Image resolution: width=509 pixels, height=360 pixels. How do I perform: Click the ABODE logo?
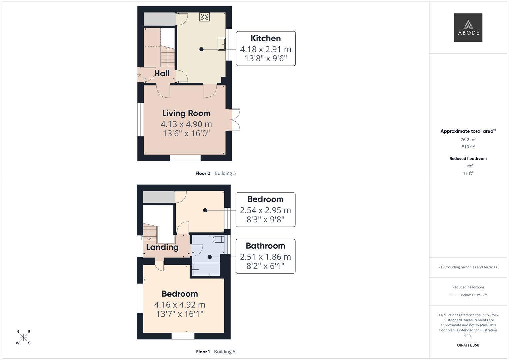pyautogui.click(x=468, y=27)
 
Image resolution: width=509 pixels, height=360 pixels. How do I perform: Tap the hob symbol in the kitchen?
pyautogui.click(x=204, y=17)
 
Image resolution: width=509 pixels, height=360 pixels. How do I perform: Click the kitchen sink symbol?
pyautogui.click(x=221, y=44)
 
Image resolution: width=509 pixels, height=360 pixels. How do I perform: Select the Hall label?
pyautogui.click(x=162, y=73)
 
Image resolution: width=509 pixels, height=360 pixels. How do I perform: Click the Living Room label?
pyautogui.click(x=186, y=113)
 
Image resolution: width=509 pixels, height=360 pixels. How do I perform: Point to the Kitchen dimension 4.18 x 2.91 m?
pyautogui.click(x=266, y=49)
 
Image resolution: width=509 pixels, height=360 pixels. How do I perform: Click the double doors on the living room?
pyautogui.click(x=235, y=119)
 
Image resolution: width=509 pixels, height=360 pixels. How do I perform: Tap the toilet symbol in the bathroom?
pyautogui.click(x=219, y=239)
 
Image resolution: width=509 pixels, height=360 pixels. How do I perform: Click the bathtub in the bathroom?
pyautogui.click(x=206, y=269)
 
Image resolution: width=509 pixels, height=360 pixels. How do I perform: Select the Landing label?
pyautogui.click(x=162, y=247)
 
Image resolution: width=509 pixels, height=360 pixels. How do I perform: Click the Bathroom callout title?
pyautogui.click(x=265, y=246)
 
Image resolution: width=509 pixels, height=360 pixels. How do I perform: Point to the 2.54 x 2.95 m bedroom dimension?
pyautogui.click(x=265, y=210)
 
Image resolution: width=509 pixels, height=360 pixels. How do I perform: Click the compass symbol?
pyautogui.click(x=23, y=337)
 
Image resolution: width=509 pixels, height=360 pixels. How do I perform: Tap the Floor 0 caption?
pyautogui.click(x=203, y=173)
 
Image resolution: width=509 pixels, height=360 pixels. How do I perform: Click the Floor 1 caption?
pyautogui.click(x=203, y=352)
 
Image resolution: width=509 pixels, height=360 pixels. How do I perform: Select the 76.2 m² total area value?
pyautogui.click(x=468, y=140)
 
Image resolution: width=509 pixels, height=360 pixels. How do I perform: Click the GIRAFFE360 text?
pyautogui.click(x=468, y=345)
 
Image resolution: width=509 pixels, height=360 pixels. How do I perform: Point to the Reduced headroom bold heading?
pyautogui.click(x=468, y=159)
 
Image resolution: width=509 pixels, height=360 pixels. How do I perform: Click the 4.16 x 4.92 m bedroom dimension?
pyautogui.click(x=180, y=305)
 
